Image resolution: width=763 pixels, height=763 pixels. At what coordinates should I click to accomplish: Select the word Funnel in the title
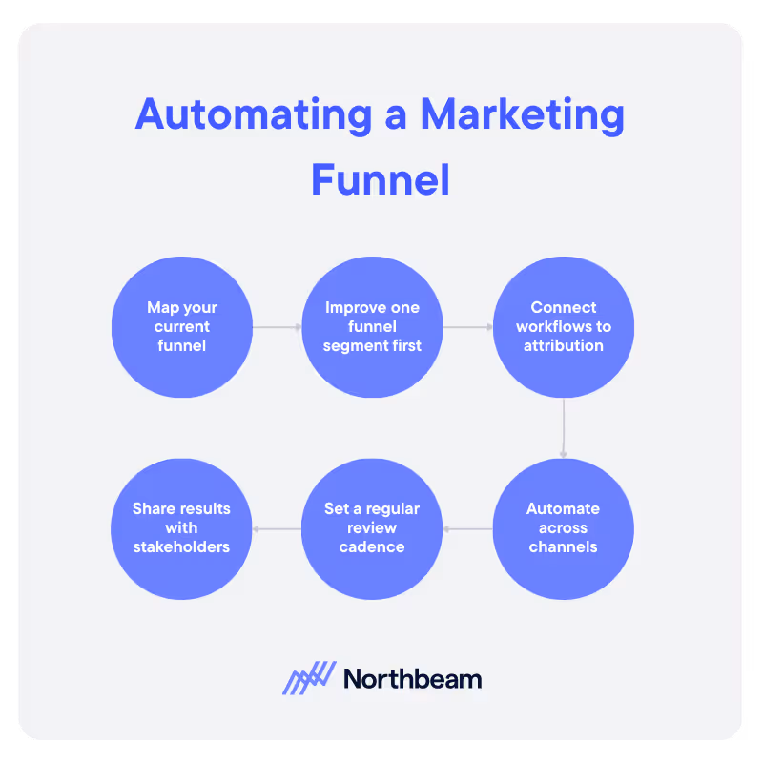(x=381, y=179)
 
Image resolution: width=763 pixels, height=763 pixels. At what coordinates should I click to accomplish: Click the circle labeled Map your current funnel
(x=181, y=327)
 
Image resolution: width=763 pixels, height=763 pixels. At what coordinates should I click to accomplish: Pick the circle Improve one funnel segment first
(x=372, y=327)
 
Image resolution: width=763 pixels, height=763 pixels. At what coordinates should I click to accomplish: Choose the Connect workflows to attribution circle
(x=563, y=327)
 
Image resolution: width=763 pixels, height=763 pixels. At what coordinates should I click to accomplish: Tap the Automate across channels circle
(x=563, y=528)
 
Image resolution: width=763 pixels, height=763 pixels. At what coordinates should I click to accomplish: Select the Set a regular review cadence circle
(x=372, y=528)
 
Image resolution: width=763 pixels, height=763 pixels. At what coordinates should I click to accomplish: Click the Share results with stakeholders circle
(x=181, y=528)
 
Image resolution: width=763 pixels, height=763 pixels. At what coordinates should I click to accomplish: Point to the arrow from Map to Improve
(x=277, y=327)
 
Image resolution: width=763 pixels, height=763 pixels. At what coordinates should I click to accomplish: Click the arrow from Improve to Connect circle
(x=467, y=327)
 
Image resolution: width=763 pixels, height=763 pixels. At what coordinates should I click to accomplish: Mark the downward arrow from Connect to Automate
(x=563, y=428)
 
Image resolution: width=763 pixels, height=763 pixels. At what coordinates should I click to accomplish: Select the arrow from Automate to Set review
(x=467, y=528)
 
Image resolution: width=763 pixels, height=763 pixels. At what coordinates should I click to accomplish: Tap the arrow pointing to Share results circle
(x=277, y=528)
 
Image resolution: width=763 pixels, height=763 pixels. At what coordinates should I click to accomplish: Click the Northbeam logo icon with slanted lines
(x=309, y=678)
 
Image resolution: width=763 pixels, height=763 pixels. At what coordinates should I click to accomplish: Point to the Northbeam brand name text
(x=412, y=679)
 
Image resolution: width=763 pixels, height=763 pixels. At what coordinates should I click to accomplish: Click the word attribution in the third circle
(x=563, y=346)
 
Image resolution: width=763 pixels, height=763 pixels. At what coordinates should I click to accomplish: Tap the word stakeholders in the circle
(x=181, y=546)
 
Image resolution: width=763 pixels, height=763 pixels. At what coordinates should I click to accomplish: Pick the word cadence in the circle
(x=372, y=546)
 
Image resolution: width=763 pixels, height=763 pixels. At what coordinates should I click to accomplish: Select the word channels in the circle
(x=563, y=546)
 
